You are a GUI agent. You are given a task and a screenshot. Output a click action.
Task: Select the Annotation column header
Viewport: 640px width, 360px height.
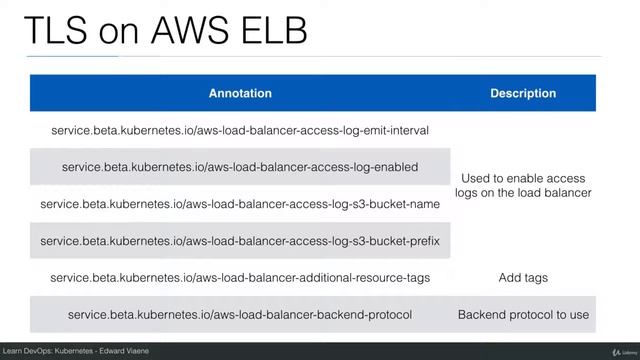240,93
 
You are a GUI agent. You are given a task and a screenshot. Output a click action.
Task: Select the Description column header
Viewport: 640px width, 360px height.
523,93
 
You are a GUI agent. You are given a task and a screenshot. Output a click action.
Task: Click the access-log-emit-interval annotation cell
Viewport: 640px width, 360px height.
240,130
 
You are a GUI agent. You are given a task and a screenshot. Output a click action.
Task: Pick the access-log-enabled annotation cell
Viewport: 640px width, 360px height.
240,167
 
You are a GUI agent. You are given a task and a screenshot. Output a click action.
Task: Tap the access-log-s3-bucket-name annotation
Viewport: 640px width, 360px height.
240,204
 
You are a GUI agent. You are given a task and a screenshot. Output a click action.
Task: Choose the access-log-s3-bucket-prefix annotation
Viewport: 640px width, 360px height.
240,241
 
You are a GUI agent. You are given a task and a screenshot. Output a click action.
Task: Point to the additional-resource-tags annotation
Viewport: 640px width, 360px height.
240,277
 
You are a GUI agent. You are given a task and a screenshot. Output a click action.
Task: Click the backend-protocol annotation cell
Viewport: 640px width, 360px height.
240,314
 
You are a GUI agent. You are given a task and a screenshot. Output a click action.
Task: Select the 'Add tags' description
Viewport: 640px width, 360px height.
523,277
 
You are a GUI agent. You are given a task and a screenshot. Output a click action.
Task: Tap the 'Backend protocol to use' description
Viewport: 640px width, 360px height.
523,314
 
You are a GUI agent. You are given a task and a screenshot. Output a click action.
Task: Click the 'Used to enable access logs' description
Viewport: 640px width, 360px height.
523,185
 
